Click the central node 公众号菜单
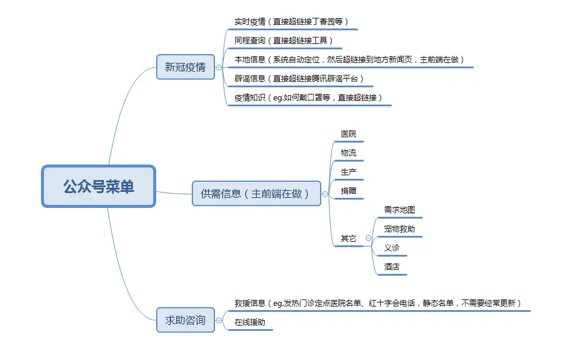click(x=99, y=187)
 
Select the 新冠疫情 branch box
click(x=185, y=67)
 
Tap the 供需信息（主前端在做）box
click(x=256, y=194)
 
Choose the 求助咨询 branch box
click(x=185, y=320)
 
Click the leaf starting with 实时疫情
click(x=291, y=21)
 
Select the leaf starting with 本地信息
click(x=349, y=59)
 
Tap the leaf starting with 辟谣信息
click(x=299, y=78)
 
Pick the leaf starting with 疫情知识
click(x=308, y=97)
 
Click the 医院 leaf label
click(x=349, y=134)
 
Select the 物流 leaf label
click(x=349, y=153)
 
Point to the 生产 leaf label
click(x=349, y=172)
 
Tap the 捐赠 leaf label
click(x=349, y=191)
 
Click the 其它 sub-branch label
click(x=349, y=239)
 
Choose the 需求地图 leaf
click(x=399, y=210)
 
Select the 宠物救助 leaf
click(x=399, y=229)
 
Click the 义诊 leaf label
click(x=391, y=248)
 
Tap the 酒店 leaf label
click(x=391, y=267)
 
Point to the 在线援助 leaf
click(x=250, y=323)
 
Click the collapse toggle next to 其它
click(x=369, y=238)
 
